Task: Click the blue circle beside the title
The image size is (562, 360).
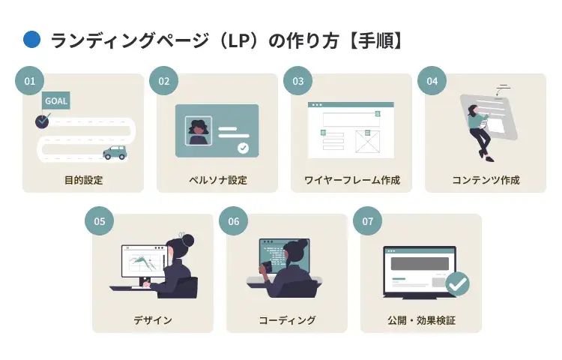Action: point(32,40)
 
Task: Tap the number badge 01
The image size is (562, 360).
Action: point(30,81)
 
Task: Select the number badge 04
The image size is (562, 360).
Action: point(432,81)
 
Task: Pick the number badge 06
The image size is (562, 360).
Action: point(233,221)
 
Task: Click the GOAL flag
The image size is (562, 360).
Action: point(56,100)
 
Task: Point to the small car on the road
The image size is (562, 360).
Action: point(115,152)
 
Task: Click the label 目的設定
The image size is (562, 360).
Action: point(83,180)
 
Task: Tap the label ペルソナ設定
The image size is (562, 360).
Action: point(217,180)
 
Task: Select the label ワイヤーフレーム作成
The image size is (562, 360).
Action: point(352,180)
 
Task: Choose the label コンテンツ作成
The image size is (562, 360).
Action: point(486,180)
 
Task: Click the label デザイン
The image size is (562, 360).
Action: point(153,320)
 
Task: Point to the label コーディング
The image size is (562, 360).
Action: point(287,320)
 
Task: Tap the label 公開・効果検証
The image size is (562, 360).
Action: point(421,320)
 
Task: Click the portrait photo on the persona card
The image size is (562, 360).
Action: point(199,131)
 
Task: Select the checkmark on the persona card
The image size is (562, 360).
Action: point(243,148)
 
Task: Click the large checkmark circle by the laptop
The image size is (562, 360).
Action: point(457,283)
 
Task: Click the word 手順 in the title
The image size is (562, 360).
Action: point(383,40)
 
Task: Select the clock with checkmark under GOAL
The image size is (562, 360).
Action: point(42,120)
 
